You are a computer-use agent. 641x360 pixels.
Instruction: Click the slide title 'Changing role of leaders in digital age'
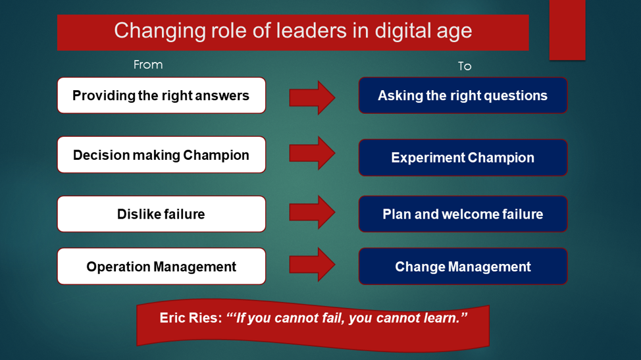coord(293,31)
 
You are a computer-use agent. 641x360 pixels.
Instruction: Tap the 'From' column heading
coord(148,64)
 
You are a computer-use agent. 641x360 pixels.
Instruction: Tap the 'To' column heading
coord(465,66)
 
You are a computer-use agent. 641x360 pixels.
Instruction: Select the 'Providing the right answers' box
coord(161,95)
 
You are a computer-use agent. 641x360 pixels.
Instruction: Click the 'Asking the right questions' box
coord(463,95)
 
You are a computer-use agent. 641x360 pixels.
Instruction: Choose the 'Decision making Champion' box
coord(161,155)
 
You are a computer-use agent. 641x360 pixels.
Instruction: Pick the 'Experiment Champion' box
coord(463,157)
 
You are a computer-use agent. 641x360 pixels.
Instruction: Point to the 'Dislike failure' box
coord(161,214)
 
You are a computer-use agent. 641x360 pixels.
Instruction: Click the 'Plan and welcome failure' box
coord(463,214)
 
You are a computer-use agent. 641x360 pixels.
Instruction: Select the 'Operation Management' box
coord(161,266)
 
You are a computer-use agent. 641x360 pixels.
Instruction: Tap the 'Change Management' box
coord(463,266)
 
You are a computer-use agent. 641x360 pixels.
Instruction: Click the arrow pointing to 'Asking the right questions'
coord(313,97)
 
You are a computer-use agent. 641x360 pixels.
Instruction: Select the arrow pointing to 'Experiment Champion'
coord(313,153)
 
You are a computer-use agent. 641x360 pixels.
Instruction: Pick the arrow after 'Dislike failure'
coord(313,212)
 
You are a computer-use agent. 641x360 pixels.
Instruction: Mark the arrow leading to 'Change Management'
coord(313,265)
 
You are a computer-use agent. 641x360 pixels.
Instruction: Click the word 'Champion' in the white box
coord(216,155)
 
